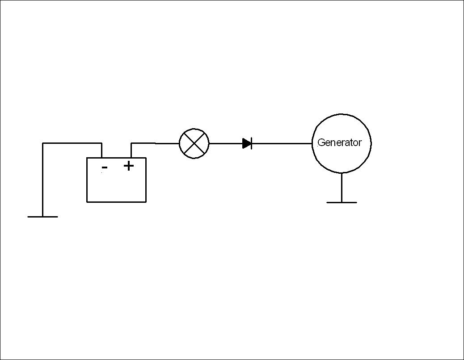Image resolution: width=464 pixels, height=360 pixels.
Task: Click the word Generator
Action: click(x=339, y=142)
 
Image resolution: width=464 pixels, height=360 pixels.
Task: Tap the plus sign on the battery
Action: click(x=129, y=166)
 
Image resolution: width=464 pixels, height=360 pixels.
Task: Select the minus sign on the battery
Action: click(x=105, y=167)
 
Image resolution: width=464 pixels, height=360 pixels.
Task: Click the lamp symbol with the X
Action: click(x=194, y=144)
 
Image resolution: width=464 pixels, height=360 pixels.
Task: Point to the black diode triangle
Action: click(x=246, y=144)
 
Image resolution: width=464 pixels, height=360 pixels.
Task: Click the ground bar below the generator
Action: click(x=342, y=202)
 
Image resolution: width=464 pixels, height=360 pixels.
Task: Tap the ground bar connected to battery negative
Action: click(x=42, y=217)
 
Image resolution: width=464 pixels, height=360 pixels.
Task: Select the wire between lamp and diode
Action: click(x=226, y=144)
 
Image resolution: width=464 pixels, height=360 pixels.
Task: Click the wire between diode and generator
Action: click(x=282, y=144)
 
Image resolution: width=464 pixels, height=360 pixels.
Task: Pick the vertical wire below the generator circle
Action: click(x=342, y=188)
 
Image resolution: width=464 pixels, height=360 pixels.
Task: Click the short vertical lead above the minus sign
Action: click(x=102, y=151)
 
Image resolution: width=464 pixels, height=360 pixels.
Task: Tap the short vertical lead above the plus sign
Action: click(x=131, y=151)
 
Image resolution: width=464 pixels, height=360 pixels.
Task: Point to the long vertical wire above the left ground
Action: click(x=42, y=180)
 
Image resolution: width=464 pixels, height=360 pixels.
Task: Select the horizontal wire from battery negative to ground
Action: click(x=72, y=143)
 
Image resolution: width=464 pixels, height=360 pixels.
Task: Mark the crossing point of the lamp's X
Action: click(x=194, y=144)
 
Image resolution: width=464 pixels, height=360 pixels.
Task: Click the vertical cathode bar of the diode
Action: click(x=251, y=144)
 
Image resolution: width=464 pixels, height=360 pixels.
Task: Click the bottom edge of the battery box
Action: click(x=116, y=202)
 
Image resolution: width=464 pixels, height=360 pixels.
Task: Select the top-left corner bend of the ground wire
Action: click(x=42, y=143)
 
